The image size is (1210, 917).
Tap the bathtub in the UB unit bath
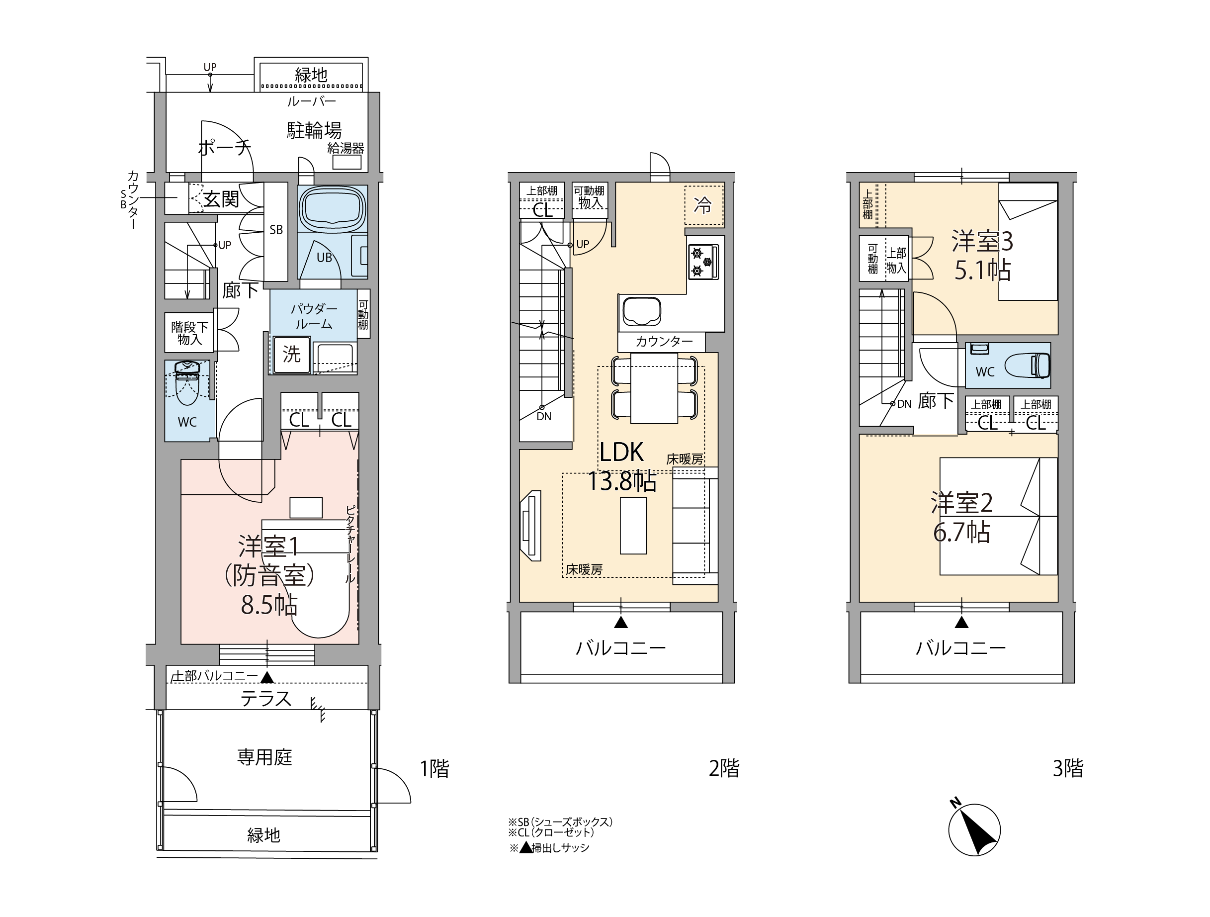click(x=333, y=208)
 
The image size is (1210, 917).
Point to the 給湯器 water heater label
click(x=346, y=148)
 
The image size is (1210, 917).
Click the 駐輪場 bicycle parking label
click(x=315, y=131)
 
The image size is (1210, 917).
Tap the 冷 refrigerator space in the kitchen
click(x=704, y=206)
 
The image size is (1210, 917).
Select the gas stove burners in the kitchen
click(x=703, y=262)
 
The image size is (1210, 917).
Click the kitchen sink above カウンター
click(x=641, y=311)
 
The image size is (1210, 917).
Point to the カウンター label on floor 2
click(x=664, y=342)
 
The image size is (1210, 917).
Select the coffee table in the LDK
click(x=633, y=525)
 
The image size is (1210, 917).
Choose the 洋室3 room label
click(x=982, y=241)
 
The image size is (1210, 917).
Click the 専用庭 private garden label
click(x=265, y=757)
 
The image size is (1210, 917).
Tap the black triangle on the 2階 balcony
click(x=621, y=622)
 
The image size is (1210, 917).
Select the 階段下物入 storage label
click(x=189, y=333)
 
